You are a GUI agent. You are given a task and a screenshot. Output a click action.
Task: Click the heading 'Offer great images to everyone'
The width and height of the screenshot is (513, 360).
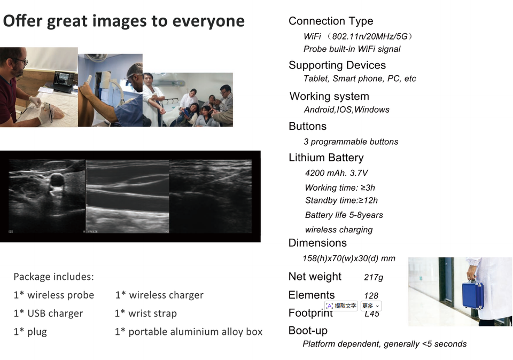pyautogui.click(x=123, y=21)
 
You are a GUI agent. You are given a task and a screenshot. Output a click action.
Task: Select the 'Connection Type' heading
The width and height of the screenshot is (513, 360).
pyautogui.click(x=331, y=21)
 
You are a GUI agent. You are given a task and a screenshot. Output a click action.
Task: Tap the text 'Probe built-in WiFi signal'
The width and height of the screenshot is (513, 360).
pyautogui.click(x=352, y=49)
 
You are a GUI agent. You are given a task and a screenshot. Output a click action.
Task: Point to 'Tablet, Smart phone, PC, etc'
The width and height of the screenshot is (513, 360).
pyautogui.click(x=360, y=79)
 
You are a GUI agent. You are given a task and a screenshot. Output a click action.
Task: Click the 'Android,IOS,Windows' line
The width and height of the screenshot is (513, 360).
pyautogui.click(x=346, y=109)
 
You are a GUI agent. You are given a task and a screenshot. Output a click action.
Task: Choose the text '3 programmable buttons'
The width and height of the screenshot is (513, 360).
pyautogui.click(x=351, y=142)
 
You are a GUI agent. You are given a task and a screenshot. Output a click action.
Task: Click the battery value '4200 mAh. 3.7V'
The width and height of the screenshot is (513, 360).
pyautogui.click(x=336, y=173)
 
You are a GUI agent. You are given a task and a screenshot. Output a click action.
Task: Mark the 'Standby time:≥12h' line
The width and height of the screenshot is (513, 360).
pyautogui.click(x=341, y=200)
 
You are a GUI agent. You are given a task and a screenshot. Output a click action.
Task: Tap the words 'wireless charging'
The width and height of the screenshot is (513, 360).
pyautogui.click(x=339, y=230)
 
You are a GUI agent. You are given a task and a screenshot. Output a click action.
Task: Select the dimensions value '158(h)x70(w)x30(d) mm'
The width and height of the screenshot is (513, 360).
pyautogui.click(x=349, y=259)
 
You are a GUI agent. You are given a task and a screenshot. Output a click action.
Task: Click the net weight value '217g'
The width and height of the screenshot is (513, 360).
pyautogui.click(x=374, y=278)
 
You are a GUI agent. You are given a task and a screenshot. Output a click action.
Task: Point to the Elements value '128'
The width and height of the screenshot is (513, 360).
pyautogui.click(x=371, y=295)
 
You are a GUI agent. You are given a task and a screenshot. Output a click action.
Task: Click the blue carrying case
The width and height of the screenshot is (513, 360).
pyautogui.click(x=472, y=294)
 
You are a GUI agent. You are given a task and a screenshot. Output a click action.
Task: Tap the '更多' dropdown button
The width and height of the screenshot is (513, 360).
pyautogui.click(x=371, y=306)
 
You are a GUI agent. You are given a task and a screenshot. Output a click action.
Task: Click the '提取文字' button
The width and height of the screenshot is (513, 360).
pyautogui.click(x=341, y=306)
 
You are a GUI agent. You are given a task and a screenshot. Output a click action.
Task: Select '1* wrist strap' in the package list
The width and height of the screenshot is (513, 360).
pyautogui.click(x=145, y=313)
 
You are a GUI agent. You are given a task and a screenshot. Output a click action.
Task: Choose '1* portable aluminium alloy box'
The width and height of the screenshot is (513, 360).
pyautogui.click(x=189, y=332)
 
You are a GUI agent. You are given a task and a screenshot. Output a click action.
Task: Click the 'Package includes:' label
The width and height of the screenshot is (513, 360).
pyautogui.click(x=53, y=277)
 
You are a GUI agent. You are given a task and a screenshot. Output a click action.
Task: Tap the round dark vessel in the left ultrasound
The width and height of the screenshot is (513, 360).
pyautogui.click(x=57, y=181)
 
